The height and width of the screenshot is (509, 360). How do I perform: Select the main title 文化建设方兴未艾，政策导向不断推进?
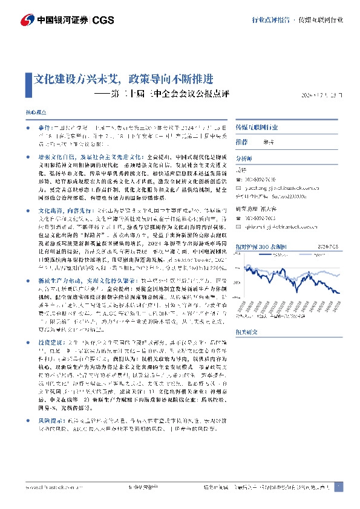(x=124, y=79)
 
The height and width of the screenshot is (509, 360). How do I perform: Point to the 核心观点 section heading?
(x=36, y=112)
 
